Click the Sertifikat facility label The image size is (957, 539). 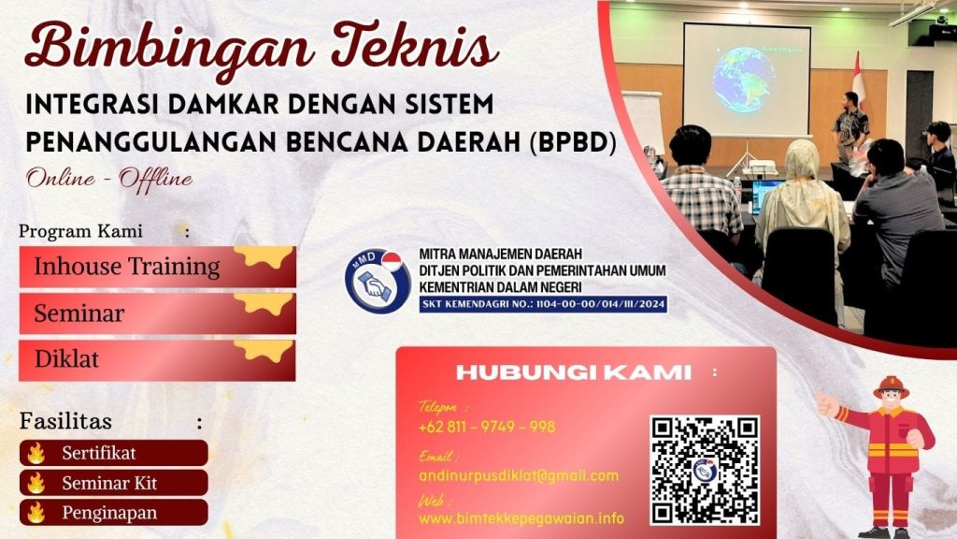[99, 454]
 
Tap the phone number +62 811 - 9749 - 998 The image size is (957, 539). [487, 427]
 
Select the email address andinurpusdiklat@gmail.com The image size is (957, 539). [519, 475]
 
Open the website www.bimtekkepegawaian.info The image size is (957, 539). [521, 518]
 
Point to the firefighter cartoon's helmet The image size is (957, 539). [892, 387]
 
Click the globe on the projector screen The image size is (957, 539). [743, 80]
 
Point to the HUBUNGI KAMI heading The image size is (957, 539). [574, 372]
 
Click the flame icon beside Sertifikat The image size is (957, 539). [36, 454]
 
